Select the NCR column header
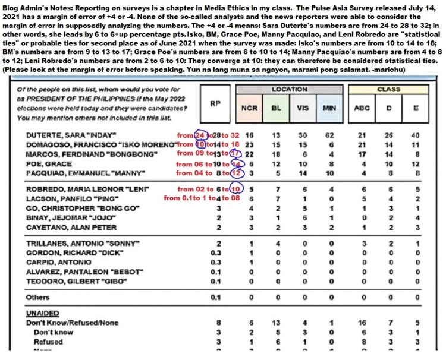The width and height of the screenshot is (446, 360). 249,109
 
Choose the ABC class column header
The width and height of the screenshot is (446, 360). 362,109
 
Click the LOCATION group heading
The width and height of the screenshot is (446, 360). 290,89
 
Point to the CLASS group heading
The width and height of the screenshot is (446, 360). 389,89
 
